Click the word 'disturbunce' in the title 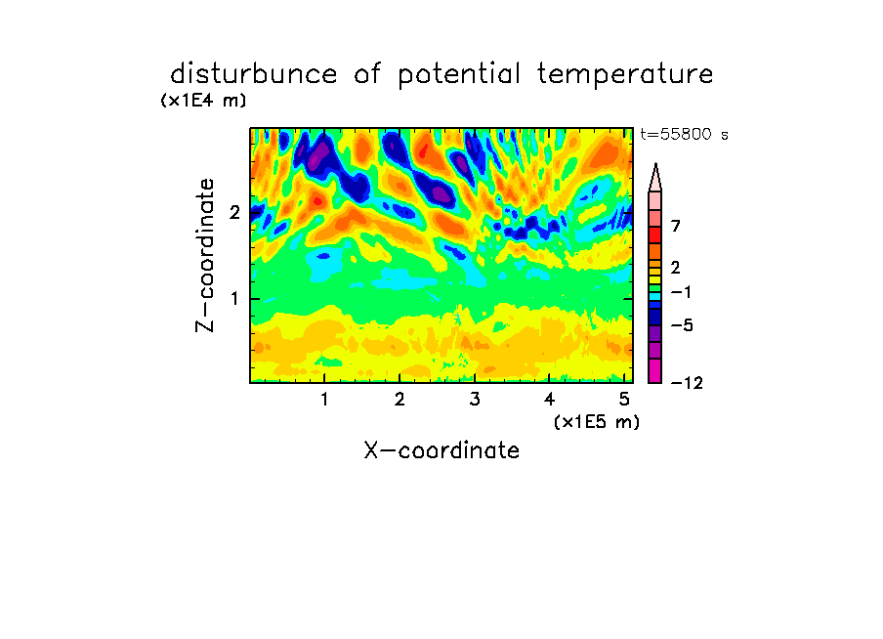254,74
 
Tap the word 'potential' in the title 458,75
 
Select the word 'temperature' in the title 625,75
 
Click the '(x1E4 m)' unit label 203,101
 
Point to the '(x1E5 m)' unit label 597,421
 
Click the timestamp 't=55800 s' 684,134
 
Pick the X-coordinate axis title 441,450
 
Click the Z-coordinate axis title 204,255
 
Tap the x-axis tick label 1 324,400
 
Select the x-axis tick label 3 475,400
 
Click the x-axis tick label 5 624,400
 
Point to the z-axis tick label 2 234,213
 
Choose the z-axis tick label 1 234,299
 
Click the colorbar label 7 676,227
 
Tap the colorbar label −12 687,383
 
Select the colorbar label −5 682,325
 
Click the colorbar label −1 681,292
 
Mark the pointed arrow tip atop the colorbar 655,164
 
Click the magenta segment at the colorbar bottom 655,370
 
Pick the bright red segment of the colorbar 655,234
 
